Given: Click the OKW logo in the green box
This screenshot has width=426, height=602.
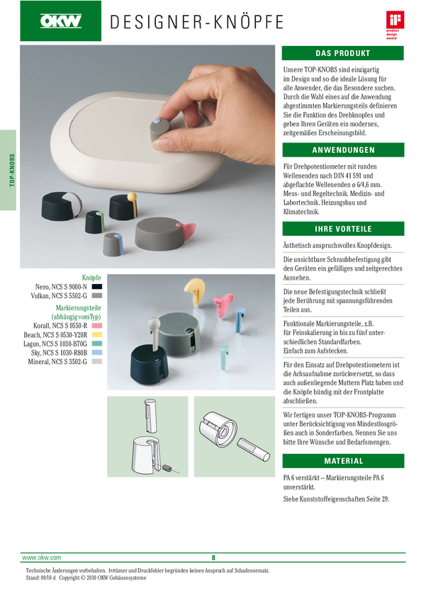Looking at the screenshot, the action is coord(61,21).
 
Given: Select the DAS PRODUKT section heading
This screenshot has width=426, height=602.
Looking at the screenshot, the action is coord(342,53).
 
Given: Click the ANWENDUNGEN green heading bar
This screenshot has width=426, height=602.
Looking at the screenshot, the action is coord(343,150).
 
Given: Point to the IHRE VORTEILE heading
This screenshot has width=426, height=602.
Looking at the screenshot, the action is coord(343,229).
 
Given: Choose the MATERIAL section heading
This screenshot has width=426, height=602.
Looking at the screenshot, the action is coord(343,461).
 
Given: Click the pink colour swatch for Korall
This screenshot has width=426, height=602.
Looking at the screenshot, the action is coord(97,326).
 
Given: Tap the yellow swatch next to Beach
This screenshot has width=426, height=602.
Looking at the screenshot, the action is coord(97,335).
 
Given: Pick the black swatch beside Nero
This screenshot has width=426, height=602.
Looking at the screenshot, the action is coord(97,286).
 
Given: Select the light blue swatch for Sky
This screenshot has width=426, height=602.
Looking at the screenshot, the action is coord(97,353).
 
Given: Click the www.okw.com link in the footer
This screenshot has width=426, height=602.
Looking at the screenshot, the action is coord(42,557).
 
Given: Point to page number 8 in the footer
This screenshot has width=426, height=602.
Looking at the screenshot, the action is coord(213,558).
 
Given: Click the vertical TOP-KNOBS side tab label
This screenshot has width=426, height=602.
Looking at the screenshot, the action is coord(12,170).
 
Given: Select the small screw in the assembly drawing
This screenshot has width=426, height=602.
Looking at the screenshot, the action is coord(167,468).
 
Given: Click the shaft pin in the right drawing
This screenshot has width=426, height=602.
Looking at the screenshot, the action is coord(253,449).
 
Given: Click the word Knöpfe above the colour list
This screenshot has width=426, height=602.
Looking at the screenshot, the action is coord(91,278).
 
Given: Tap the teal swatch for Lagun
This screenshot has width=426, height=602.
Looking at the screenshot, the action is coord(97,343).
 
